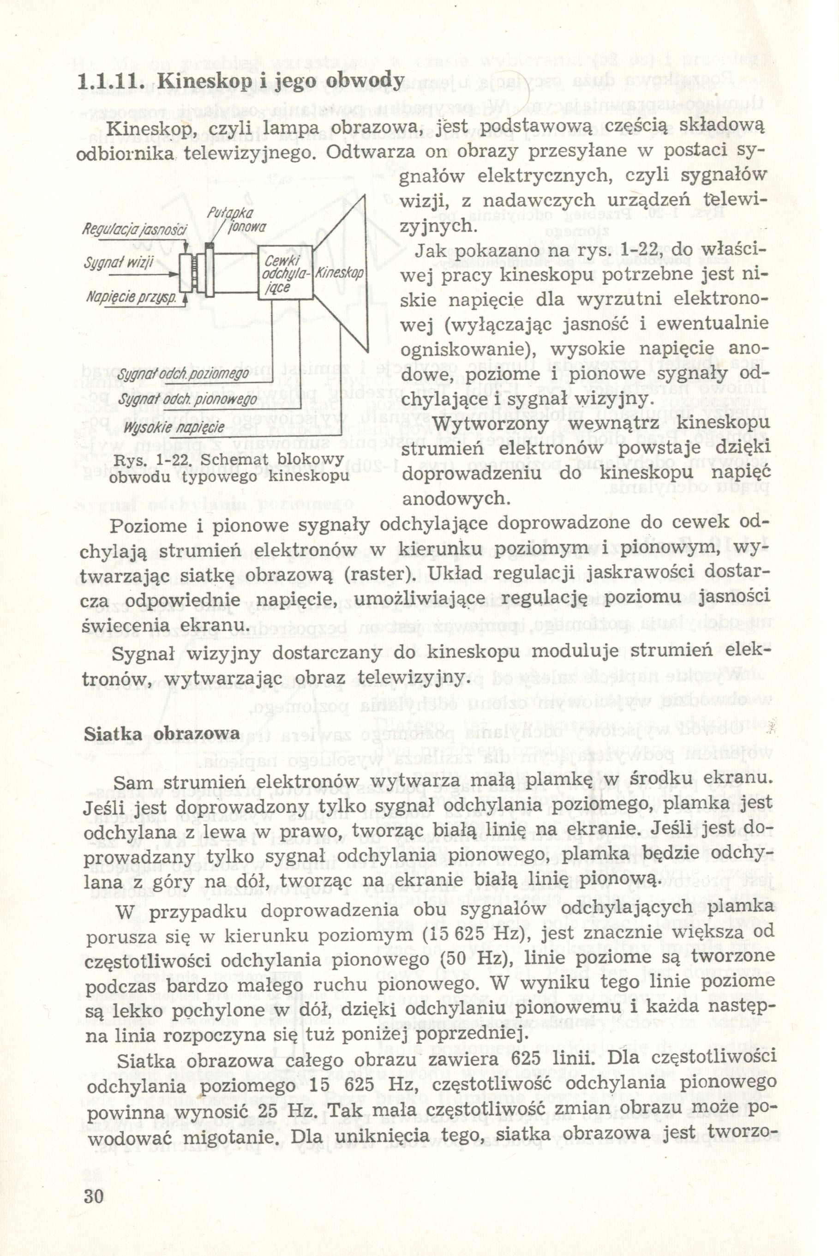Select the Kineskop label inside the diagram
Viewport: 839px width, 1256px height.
339,275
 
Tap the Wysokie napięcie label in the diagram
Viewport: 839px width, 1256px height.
174,427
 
